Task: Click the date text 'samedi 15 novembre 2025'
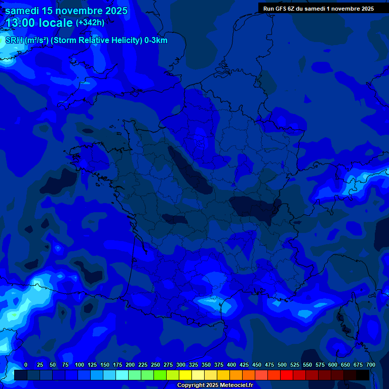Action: coord(66,11)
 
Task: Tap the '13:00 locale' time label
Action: coord(40,23)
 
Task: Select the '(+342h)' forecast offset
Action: coord(90,23)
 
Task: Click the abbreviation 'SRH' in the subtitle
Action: coord(14,41)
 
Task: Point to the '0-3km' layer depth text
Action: coord(155,41)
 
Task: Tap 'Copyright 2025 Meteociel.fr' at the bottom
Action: coord(215,385)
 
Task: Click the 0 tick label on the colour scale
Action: coord(26,365)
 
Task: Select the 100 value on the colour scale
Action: coord(80,365)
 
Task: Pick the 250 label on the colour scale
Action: coord(155,365)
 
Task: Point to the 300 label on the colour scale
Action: coord(181,365)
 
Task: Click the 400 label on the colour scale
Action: coord(231,365)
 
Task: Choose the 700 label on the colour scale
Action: coord(370,365)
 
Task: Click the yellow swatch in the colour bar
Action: coord(185,375)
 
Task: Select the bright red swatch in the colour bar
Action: coord(287,375)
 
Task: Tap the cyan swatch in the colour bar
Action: coord(122,375)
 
